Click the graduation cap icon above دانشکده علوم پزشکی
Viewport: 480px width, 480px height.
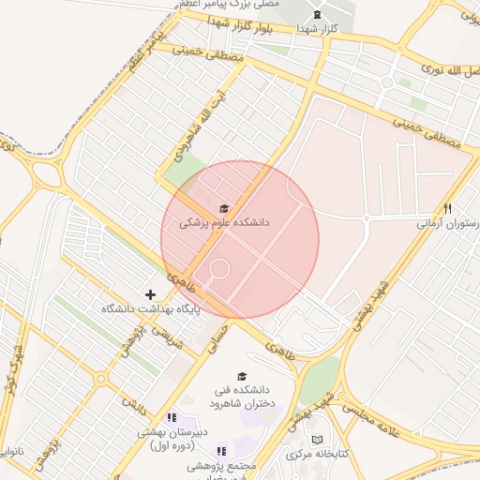click(x=223, y=208)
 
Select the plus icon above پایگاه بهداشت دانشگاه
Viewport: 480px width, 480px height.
click(x=150, y=294)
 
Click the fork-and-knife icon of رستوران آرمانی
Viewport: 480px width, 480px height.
click(x=448, y=209)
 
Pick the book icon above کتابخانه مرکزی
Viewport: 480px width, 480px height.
click(x=316, y=439)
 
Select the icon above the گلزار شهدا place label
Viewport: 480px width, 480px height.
click(x=316, y=14)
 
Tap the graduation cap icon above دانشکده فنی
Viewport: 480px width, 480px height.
click(x=243, y=377)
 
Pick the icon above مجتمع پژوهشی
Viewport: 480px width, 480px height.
click(x=222, y=451)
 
